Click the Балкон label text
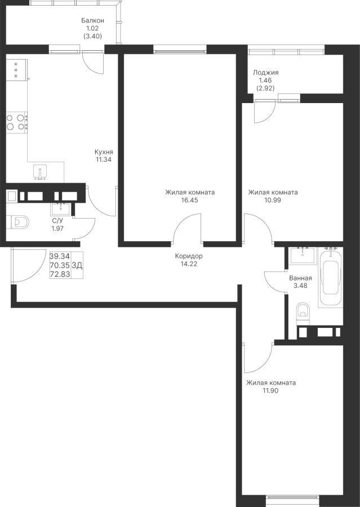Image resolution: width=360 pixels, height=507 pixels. [x=92, y=20]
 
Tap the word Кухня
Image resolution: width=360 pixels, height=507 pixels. [x=104, y=152]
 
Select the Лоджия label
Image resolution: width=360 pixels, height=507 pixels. [x=266, y=73]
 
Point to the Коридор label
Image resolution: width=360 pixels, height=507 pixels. [x=189, y=256]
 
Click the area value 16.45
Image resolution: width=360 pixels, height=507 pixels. [x=189, y=199]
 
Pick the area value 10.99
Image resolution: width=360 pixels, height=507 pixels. [x=273, y=199]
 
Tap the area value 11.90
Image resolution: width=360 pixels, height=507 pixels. [x=270, y=390]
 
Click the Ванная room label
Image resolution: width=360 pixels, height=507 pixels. [x=300, y=278]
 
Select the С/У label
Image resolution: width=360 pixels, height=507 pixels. [x=57, y=221]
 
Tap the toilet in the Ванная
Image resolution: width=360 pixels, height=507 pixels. [x=303, y=312]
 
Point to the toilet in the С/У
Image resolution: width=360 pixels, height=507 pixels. [x=18, y=221]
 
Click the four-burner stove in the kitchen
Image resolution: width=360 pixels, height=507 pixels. [x=16, y=122]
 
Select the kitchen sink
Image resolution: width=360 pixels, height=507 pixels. [x=40, y=171]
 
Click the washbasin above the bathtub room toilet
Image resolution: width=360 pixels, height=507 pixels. [x=303, y=255]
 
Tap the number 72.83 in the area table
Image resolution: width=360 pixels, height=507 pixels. [x=60, y=274]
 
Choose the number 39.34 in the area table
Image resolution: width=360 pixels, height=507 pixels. [x=60, y=256]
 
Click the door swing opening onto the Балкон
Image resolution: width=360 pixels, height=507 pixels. [x=94, y=62]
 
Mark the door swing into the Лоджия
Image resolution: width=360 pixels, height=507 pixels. [x=264, y=112]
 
